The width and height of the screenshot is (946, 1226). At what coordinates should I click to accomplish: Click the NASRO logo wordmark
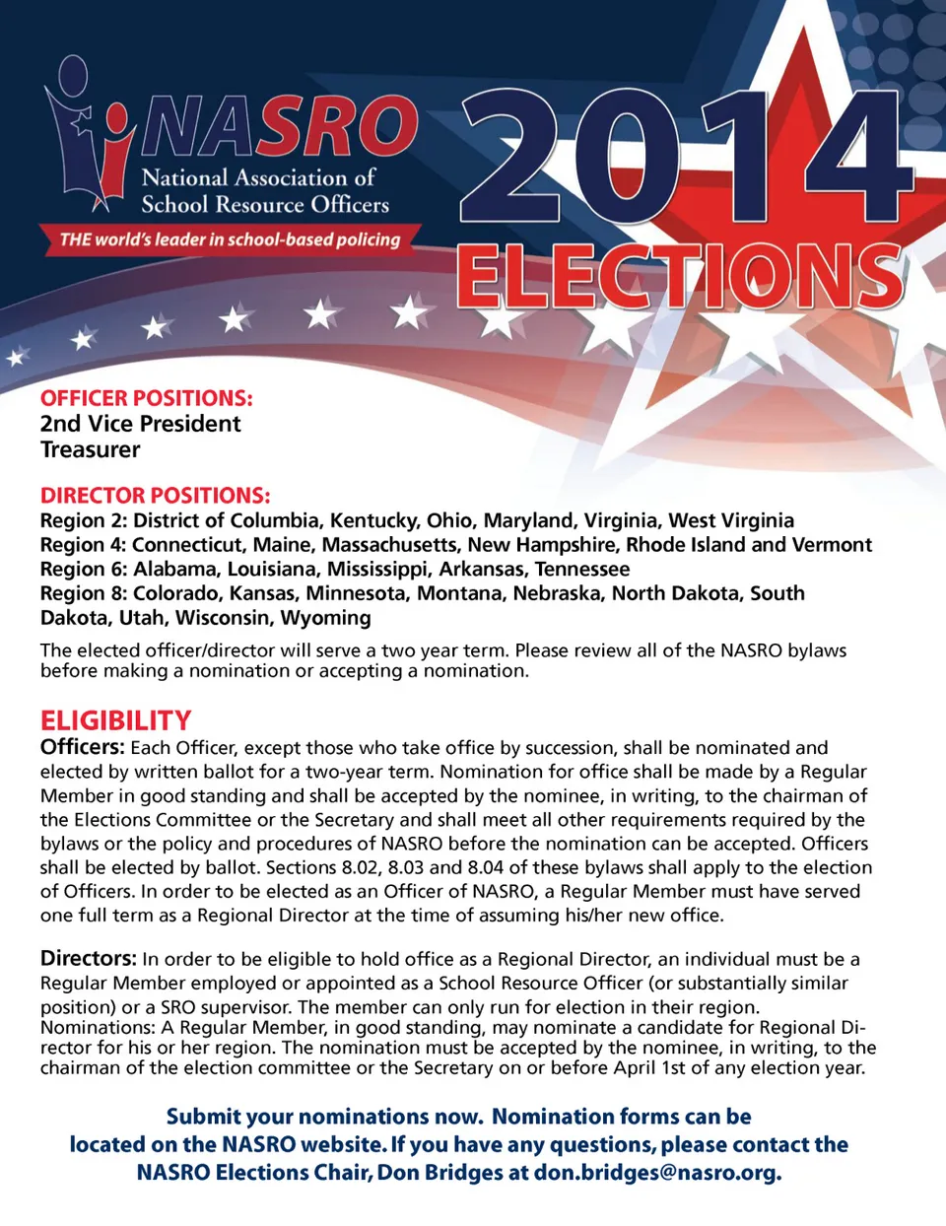[281, 128]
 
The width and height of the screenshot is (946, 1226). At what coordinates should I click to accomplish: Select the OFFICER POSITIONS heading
[147, 398]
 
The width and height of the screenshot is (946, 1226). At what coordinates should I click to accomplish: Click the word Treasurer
[91, 449]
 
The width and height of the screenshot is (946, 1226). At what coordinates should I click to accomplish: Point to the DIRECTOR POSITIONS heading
[155, 496]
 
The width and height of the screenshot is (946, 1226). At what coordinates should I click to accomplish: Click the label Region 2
[83, 520]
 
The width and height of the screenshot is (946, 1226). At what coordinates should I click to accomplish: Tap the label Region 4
[83, 545]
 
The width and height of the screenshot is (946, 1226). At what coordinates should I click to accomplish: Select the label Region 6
[83, 569]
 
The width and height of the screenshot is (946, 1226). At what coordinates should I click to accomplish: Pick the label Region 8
[83, 593]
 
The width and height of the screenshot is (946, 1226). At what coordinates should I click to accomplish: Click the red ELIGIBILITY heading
[116, 720]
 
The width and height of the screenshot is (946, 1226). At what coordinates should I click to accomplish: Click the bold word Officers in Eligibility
[82, 747]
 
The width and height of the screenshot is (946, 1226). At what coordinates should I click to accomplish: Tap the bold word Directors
[88, 958]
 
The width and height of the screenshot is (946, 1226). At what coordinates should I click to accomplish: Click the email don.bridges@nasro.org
[657, 1173]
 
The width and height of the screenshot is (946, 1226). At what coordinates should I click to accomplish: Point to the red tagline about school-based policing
[230, 239]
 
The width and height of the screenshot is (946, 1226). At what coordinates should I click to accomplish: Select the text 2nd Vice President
[141, 424]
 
